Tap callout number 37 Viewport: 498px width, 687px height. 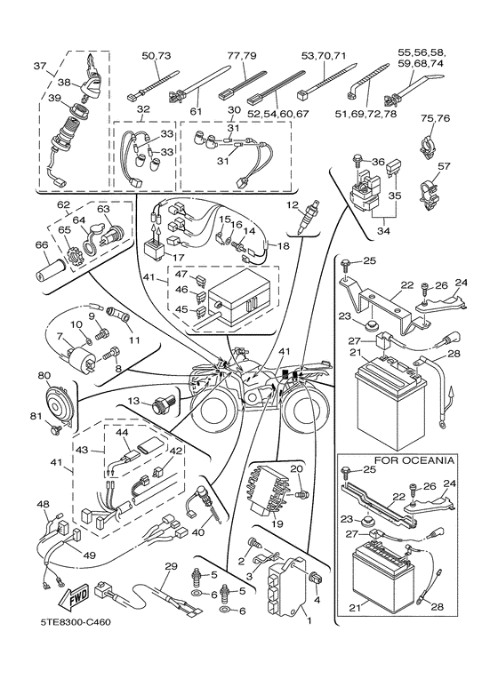39,66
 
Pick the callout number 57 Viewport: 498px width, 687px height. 444,165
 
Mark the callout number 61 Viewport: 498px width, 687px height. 196,110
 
